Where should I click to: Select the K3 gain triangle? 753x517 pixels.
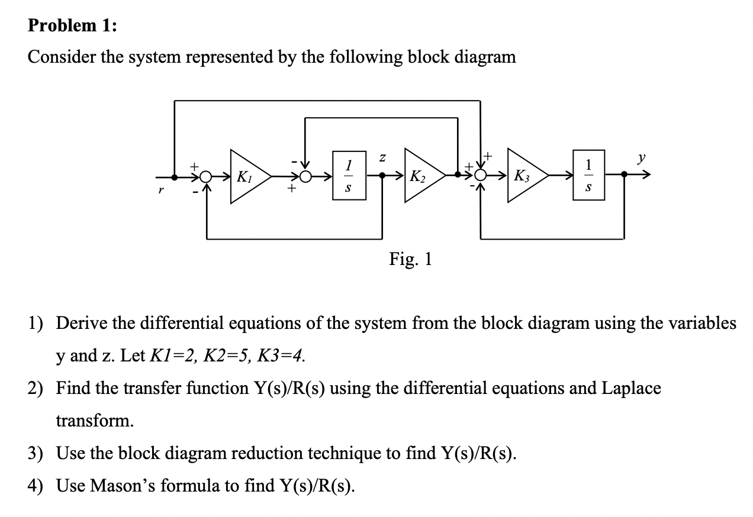(526, 176)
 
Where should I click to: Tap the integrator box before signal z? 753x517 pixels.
(349, 176)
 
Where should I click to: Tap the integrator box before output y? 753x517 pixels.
(587, 175)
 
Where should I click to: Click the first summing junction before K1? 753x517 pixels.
(206, 176)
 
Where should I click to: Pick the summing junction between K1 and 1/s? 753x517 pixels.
(305, 176)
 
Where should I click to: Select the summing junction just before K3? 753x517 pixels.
(480, 176)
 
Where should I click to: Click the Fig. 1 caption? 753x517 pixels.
(410, 258)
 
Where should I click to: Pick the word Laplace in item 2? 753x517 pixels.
(631, 388)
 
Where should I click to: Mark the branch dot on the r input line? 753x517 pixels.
(175, 176)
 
